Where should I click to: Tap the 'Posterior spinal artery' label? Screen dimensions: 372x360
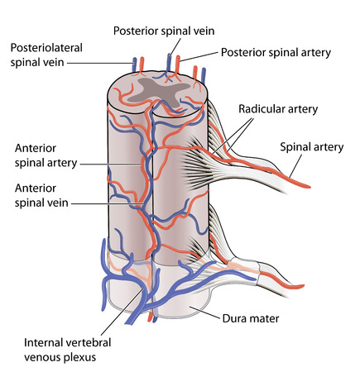276,52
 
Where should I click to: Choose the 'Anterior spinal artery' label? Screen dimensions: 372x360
46,155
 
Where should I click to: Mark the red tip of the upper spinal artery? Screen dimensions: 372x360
306,184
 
